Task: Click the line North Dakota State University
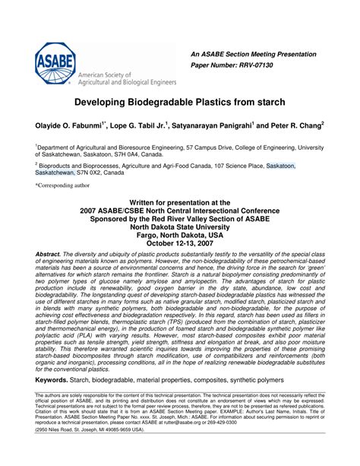pos(179,224)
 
